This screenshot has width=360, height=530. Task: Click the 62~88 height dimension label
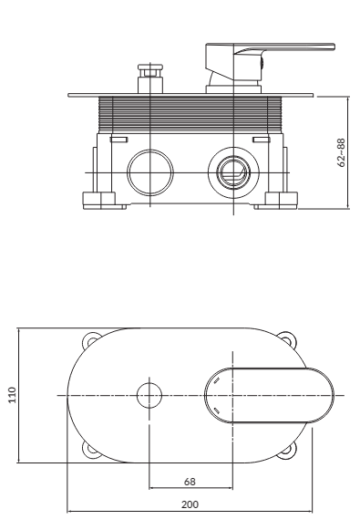(342, 152)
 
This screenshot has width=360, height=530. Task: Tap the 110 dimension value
(12, 395)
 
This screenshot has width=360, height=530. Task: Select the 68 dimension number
(190, 482)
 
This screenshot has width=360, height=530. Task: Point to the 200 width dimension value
(190, 504)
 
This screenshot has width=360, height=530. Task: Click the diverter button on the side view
(150, 78)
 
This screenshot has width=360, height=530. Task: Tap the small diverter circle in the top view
(149, 395)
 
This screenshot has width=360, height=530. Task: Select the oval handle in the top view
(269, 395)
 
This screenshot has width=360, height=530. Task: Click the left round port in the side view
(150, 172)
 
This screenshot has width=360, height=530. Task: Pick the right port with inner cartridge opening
(233, 172)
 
